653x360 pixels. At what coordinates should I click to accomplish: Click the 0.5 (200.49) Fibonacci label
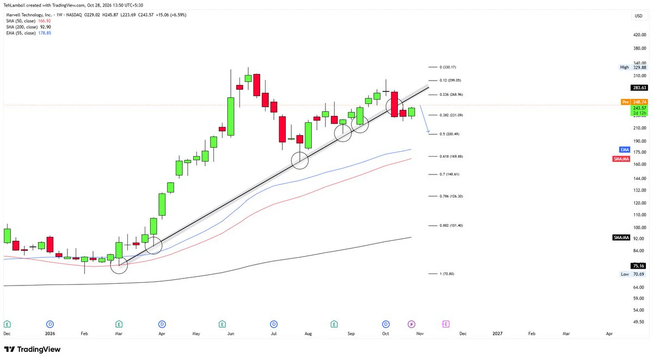tap(449, 134)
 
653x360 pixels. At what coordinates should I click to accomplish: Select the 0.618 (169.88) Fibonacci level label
tap(451, 157)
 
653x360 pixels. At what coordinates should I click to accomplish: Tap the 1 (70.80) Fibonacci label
tap(447, 274)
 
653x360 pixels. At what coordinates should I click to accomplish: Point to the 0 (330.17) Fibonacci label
tap(448, 67)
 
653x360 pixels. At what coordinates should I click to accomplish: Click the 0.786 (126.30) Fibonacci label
tap(451, 196)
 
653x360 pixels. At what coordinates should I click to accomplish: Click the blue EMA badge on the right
tap(625, 150)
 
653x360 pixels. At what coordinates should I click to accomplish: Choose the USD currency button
tap(638, 16)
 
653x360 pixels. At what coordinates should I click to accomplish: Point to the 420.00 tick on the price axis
tap(639, 35)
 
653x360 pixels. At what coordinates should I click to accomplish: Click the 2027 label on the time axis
tap(497, 333)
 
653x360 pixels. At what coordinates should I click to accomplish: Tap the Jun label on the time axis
tap(231, 333)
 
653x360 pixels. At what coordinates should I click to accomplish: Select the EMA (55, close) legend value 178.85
tap(45, 33)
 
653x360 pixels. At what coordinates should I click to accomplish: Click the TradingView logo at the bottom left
tap(32, 349)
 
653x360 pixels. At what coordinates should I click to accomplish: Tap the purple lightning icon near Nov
tap(411, 324)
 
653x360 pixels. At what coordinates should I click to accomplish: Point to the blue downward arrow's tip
tap(429, 133)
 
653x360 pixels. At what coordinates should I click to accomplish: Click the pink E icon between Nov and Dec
tap(446, 324)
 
